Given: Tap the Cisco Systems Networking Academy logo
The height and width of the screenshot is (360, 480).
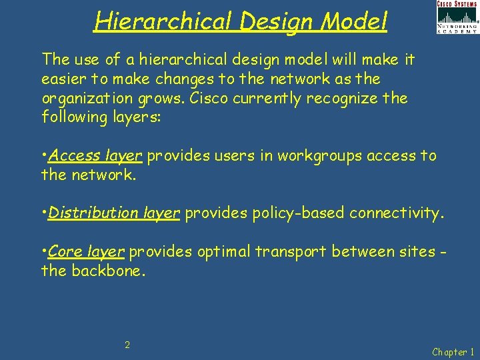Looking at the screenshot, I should (x=457, y=17).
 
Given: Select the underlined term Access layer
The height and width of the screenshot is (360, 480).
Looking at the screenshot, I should (x=96, y=156).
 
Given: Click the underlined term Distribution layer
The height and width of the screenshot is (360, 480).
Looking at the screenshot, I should (x=114, y=213).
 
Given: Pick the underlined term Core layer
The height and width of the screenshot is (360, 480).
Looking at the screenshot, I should (x=87, y=252).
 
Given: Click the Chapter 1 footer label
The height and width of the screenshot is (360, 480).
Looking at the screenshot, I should (x=454, y=351).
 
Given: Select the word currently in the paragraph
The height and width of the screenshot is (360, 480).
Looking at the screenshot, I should (x=272, y=98).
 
